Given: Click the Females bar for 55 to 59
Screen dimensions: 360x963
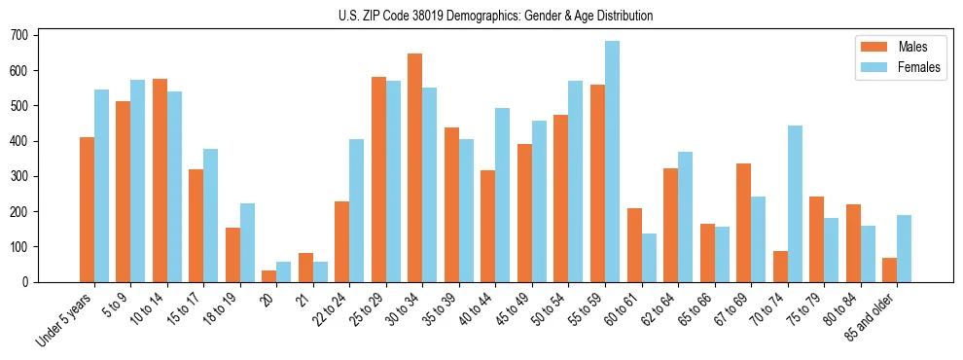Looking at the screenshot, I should coord(612,162).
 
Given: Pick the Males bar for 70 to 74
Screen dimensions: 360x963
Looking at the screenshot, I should coord(779,266).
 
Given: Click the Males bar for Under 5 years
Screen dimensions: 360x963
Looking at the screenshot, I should coord(87,209).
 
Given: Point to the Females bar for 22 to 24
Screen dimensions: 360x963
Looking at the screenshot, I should coord(356,210).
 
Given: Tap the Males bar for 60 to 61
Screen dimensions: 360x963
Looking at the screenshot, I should coord(633,244).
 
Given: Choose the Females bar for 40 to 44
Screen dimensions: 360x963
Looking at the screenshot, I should coord(502,195).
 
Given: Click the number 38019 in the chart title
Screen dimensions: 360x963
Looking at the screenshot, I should coord(426,16).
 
